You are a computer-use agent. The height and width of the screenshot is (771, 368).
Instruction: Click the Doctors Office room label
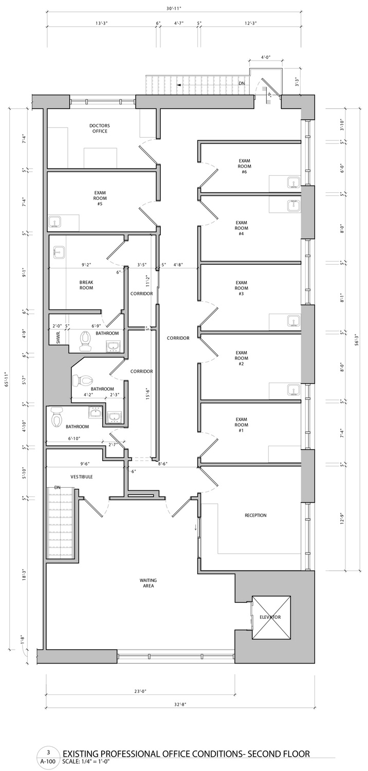tap(100, 128)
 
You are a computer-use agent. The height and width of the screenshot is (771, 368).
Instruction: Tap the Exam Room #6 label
tap(245, 166)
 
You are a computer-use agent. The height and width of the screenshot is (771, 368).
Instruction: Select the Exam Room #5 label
tap(100, 198)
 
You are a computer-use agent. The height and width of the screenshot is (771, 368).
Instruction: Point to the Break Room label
tap(86, 285)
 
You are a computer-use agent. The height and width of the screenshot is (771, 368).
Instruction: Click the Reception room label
tap(255, 515)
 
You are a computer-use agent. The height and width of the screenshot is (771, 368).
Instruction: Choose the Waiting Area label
tap(148, 583)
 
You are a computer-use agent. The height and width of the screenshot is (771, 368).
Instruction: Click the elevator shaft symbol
tap(271, 617)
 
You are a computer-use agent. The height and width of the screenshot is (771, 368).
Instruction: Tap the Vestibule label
tap(82, 476)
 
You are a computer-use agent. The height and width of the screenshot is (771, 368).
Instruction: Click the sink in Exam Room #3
tap(293, 320)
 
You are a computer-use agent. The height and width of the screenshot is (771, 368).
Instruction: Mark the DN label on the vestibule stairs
tap(57, 487)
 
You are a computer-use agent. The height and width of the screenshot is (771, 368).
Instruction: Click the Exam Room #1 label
tap(242, 425)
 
